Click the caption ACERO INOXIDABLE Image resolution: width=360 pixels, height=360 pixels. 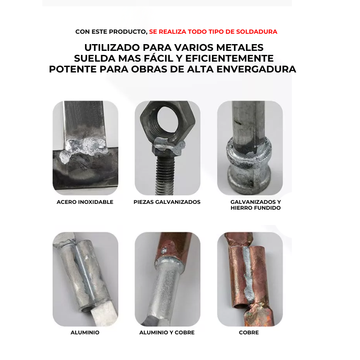[x=85, y=202]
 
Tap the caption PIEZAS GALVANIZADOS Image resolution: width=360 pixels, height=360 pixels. [x=167, y=202]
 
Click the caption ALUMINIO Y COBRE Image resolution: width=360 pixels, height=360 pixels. [x=167, y=333]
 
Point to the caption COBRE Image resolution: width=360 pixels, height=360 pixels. [x=249, y=333]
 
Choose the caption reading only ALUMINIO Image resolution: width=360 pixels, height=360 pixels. [x=85, y=333]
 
